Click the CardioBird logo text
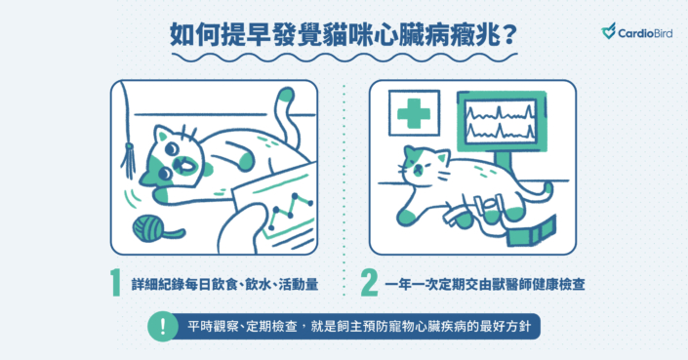click(644, 33)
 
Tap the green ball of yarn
click(148, 227)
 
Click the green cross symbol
click(414, 113)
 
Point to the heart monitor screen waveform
click(501, 122)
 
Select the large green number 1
click(115, 283)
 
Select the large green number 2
click(369, 283)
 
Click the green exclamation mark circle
click(163, 326)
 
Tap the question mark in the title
click(509, 35)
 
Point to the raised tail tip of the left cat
click(286, 95)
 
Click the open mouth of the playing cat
click(182, 166)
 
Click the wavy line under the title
click(344, 58)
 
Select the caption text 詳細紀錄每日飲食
click(184, 284)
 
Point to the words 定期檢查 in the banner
click(271, 327)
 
